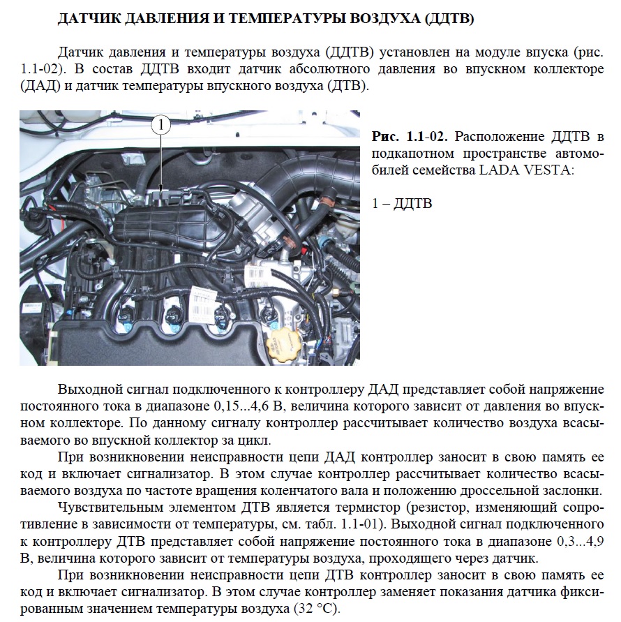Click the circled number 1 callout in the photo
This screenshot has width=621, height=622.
(161, 126)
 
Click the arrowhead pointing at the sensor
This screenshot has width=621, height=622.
(161, 186)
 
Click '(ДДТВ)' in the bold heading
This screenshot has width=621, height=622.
(449, 19)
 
